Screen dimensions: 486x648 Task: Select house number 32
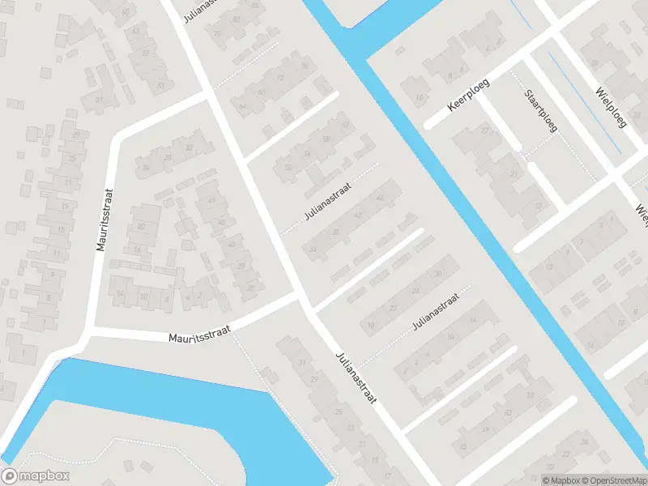coord(189,147)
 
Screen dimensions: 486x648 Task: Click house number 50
coord(288,167)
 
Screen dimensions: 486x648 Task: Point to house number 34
coord(313,248)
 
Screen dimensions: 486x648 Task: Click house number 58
coord(327,139)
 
